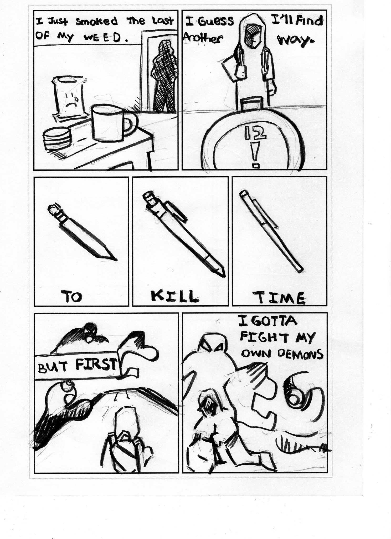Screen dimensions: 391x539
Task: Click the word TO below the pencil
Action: coord(71,297)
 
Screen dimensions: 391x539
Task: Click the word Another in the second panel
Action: coord(203,38)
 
